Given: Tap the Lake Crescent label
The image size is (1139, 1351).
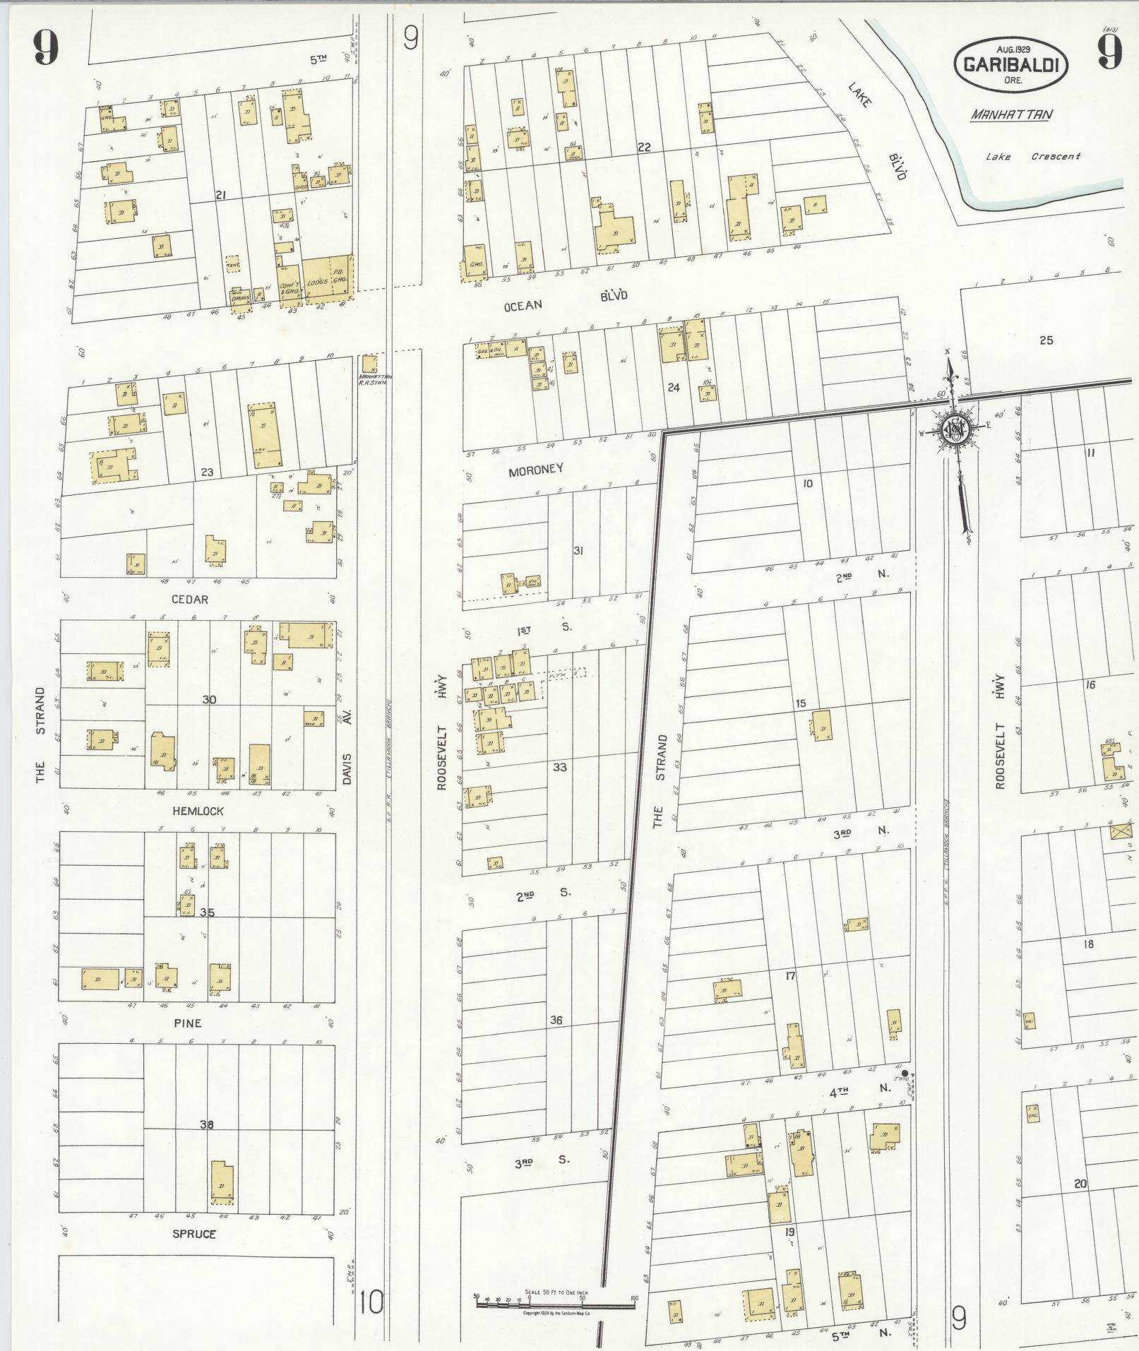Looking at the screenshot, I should point(1032,157).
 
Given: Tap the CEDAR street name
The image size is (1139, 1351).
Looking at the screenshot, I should point(189,600).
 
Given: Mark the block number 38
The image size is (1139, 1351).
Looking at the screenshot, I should point(206,1125).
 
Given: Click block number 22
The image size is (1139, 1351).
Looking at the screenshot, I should point(644,148).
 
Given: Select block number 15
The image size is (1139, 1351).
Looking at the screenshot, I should point(800,703).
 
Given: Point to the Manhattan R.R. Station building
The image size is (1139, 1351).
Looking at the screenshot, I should point(369,364).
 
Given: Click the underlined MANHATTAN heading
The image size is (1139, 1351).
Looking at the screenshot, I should point(1010,114).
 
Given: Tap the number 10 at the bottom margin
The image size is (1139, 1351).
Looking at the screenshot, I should point(371,1302).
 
